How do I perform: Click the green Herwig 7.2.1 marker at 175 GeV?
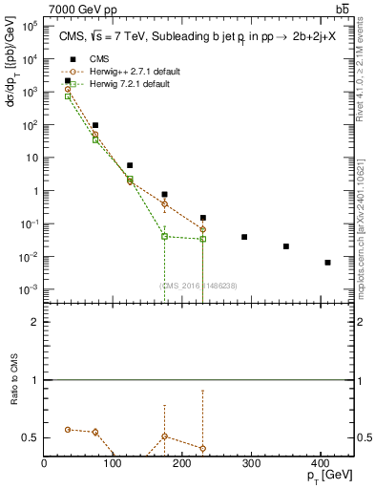[x=165, y=236]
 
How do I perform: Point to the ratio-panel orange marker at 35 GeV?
[x=68, y=429]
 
